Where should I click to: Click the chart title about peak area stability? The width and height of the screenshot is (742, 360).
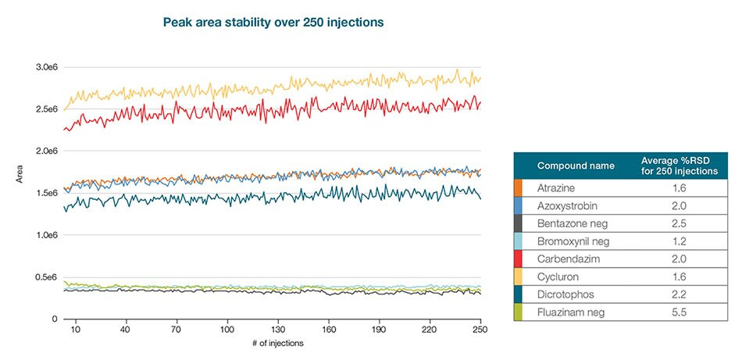(273, 23)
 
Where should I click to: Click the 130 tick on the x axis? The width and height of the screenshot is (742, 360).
(278, 330)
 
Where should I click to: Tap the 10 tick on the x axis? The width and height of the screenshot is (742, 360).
(76, 330)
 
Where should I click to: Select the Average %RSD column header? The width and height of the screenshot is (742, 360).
(674, 166)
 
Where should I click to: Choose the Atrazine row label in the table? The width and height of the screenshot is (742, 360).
(556, 188)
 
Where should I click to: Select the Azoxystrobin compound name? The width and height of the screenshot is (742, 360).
(565, 206)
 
